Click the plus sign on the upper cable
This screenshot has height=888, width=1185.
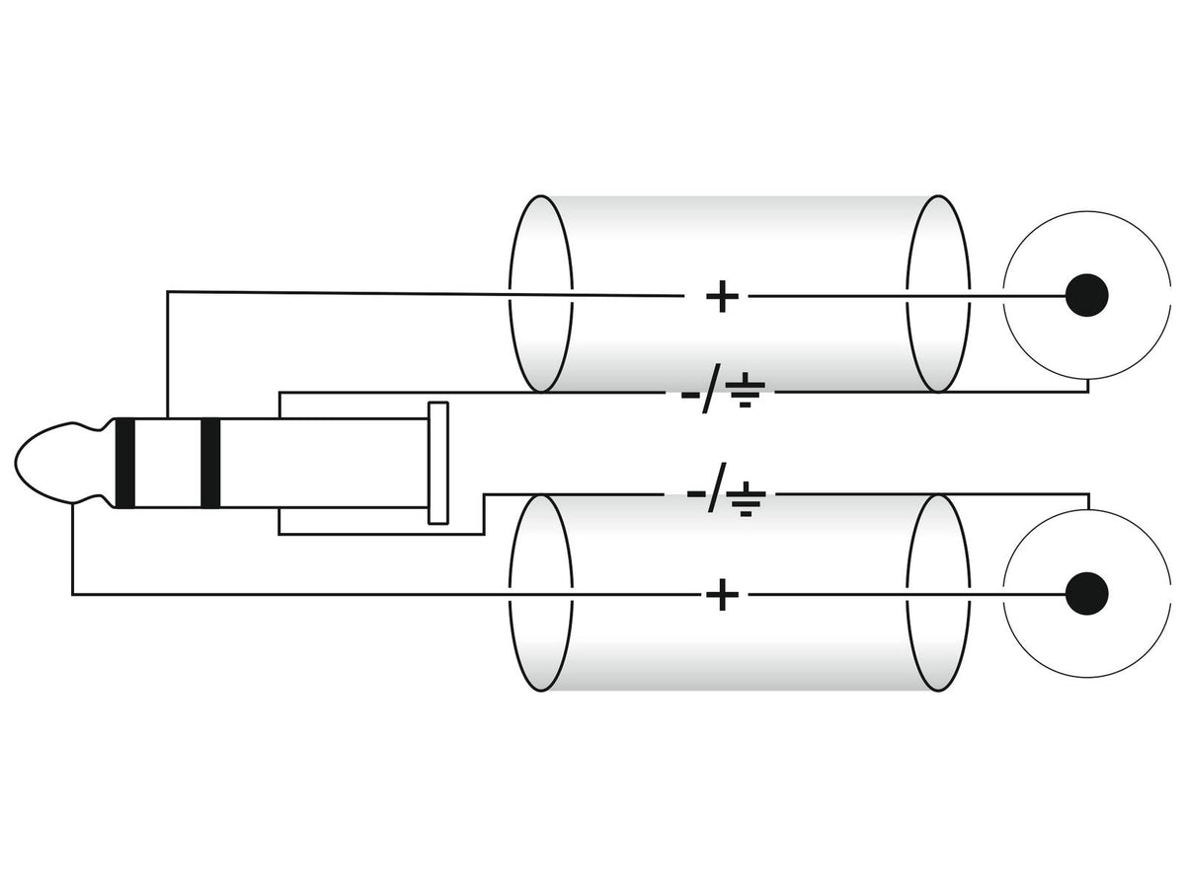point(722,296)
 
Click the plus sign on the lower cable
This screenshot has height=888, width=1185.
point(722,595)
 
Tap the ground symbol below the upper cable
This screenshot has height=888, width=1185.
point(745,390)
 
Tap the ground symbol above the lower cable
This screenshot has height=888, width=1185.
point(746,498)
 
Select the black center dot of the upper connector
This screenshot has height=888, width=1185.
point(1087,295)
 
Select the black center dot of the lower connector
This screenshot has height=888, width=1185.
point(1087,594)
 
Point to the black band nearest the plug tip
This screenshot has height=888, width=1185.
point(124,463)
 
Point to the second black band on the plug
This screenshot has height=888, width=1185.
point(210,463)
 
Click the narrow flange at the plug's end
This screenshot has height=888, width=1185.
point(437,463)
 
